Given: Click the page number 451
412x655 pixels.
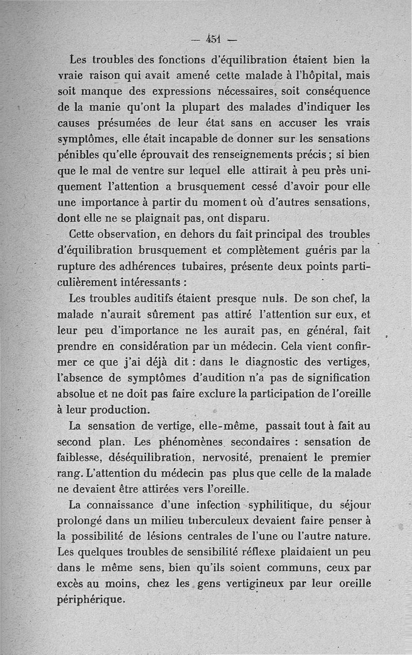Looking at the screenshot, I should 213,39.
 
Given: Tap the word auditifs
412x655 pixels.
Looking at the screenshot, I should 169,299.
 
